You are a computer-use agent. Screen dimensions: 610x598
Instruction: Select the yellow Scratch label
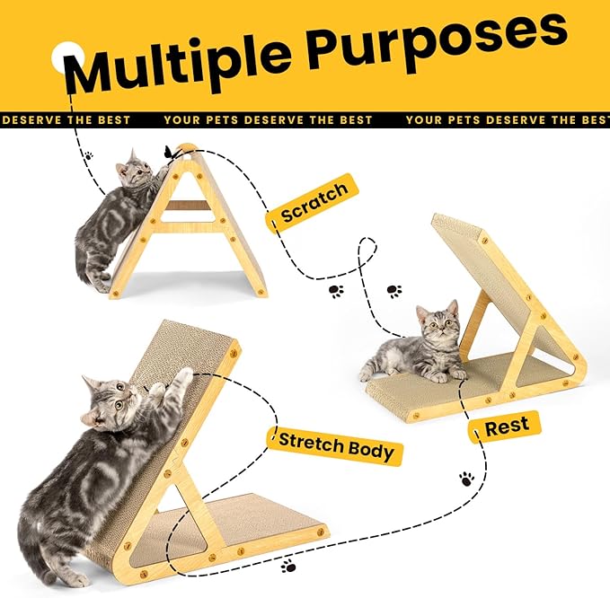(313, 202)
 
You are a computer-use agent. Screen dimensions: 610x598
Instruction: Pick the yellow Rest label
(505, 427)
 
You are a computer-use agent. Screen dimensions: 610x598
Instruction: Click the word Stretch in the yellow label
(311, 443)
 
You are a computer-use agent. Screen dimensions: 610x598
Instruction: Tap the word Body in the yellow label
(370, 451)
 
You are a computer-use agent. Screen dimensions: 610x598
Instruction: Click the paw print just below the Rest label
(466, 479)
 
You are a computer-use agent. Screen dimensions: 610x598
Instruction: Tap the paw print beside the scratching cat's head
(89, 156)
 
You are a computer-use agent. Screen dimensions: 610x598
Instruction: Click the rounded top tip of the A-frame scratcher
(186, 148)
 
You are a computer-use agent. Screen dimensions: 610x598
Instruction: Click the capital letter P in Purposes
(328, 48)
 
